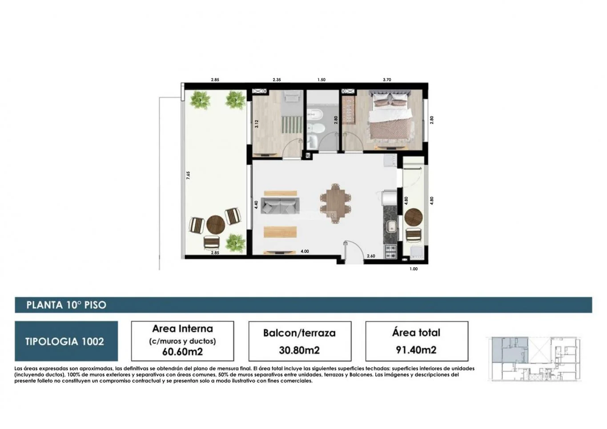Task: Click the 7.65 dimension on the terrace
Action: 189,175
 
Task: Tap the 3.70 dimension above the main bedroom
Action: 387,80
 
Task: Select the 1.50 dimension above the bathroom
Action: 322,80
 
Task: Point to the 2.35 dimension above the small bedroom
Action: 277,80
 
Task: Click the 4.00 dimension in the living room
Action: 305,251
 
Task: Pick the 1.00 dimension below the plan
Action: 414,269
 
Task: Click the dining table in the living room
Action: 335,204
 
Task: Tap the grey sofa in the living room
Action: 280,205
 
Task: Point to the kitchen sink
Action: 391,226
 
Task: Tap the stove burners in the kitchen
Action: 390,252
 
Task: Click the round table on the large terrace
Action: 216,225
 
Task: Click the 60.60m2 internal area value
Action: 183,352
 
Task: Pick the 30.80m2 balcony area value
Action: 299,350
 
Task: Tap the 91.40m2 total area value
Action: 416,350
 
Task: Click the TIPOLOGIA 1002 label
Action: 65,341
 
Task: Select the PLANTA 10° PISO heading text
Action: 66,305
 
